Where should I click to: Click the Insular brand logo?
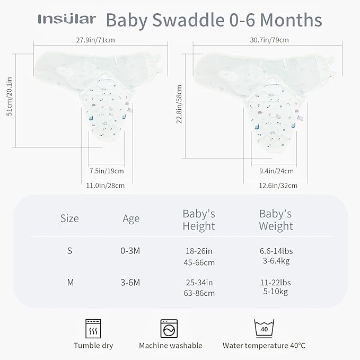[67, 20]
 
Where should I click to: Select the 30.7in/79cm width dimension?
[266, 39]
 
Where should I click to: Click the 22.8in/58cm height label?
[179, 106]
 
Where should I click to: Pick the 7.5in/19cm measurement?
[107, 171]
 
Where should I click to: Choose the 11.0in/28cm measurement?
[106, 185]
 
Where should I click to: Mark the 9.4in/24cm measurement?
[276, 171]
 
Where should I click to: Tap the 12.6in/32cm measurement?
[278, 185]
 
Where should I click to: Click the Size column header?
[69, 218]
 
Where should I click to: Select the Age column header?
[131, 218]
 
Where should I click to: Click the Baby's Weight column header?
[276, 220]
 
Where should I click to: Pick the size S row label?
[69, 251]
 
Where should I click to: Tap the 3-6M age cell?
[130, 283]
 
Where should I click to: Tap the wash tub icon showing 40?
[264, 328]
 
